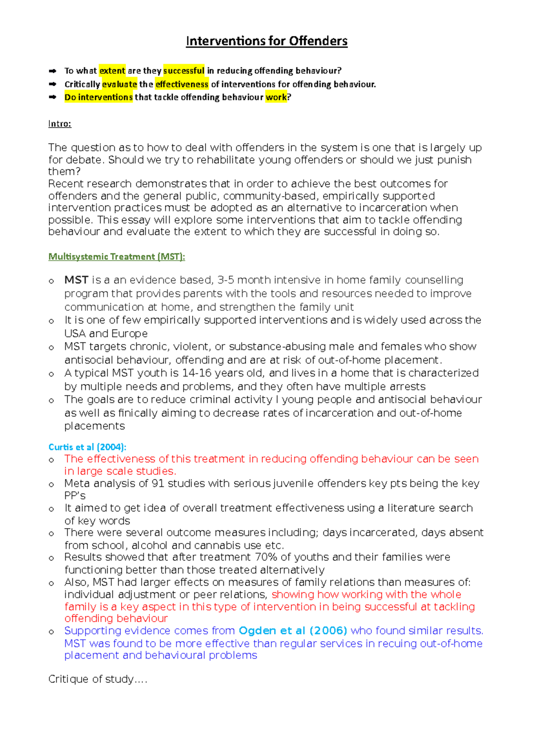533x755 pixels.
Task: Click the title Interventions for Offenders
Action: click(x=266, y=41)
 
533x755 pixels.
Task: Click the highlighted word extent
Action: click(x=112, y=71)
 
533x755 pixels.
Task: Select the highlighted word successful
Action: click(x=184, y=71)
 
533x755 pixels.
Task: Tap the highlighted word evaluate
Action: click(x=119, y=84)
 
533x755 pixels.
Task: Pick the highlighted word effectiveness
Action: click(x=182, y=84)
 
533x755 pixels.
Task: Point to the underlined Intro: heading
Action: click(x=60, y=124)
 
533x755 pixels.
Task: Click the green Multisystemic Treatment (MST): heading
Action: click(x=116, y=257)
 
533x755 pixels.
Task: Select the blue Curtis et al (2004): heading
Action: click(x=87, y=447)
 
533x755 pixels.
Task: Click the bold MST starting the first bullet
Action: click(x=76, y=280)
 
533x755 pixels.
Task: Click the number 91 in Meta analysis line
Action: click(x=158, y=483)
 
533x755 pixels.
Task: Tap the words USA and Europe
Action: click(x=106, y=333)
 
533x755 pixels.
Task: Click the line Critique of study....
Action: click(x=97, y=679)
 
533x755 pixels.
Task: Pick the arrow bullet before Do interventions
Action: click(x=53, y=97)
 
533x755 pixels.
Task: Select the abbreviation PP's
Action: click(x=75, y=496)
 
